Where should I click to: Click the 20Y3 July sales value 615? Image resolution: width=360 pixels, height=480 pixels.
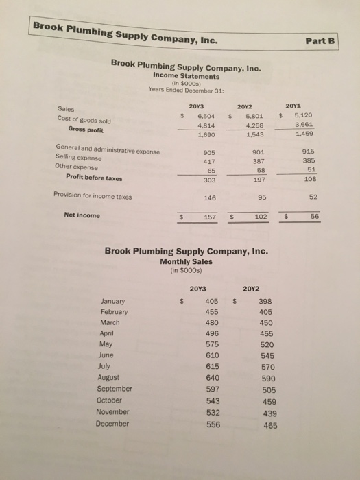(213, 365)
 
